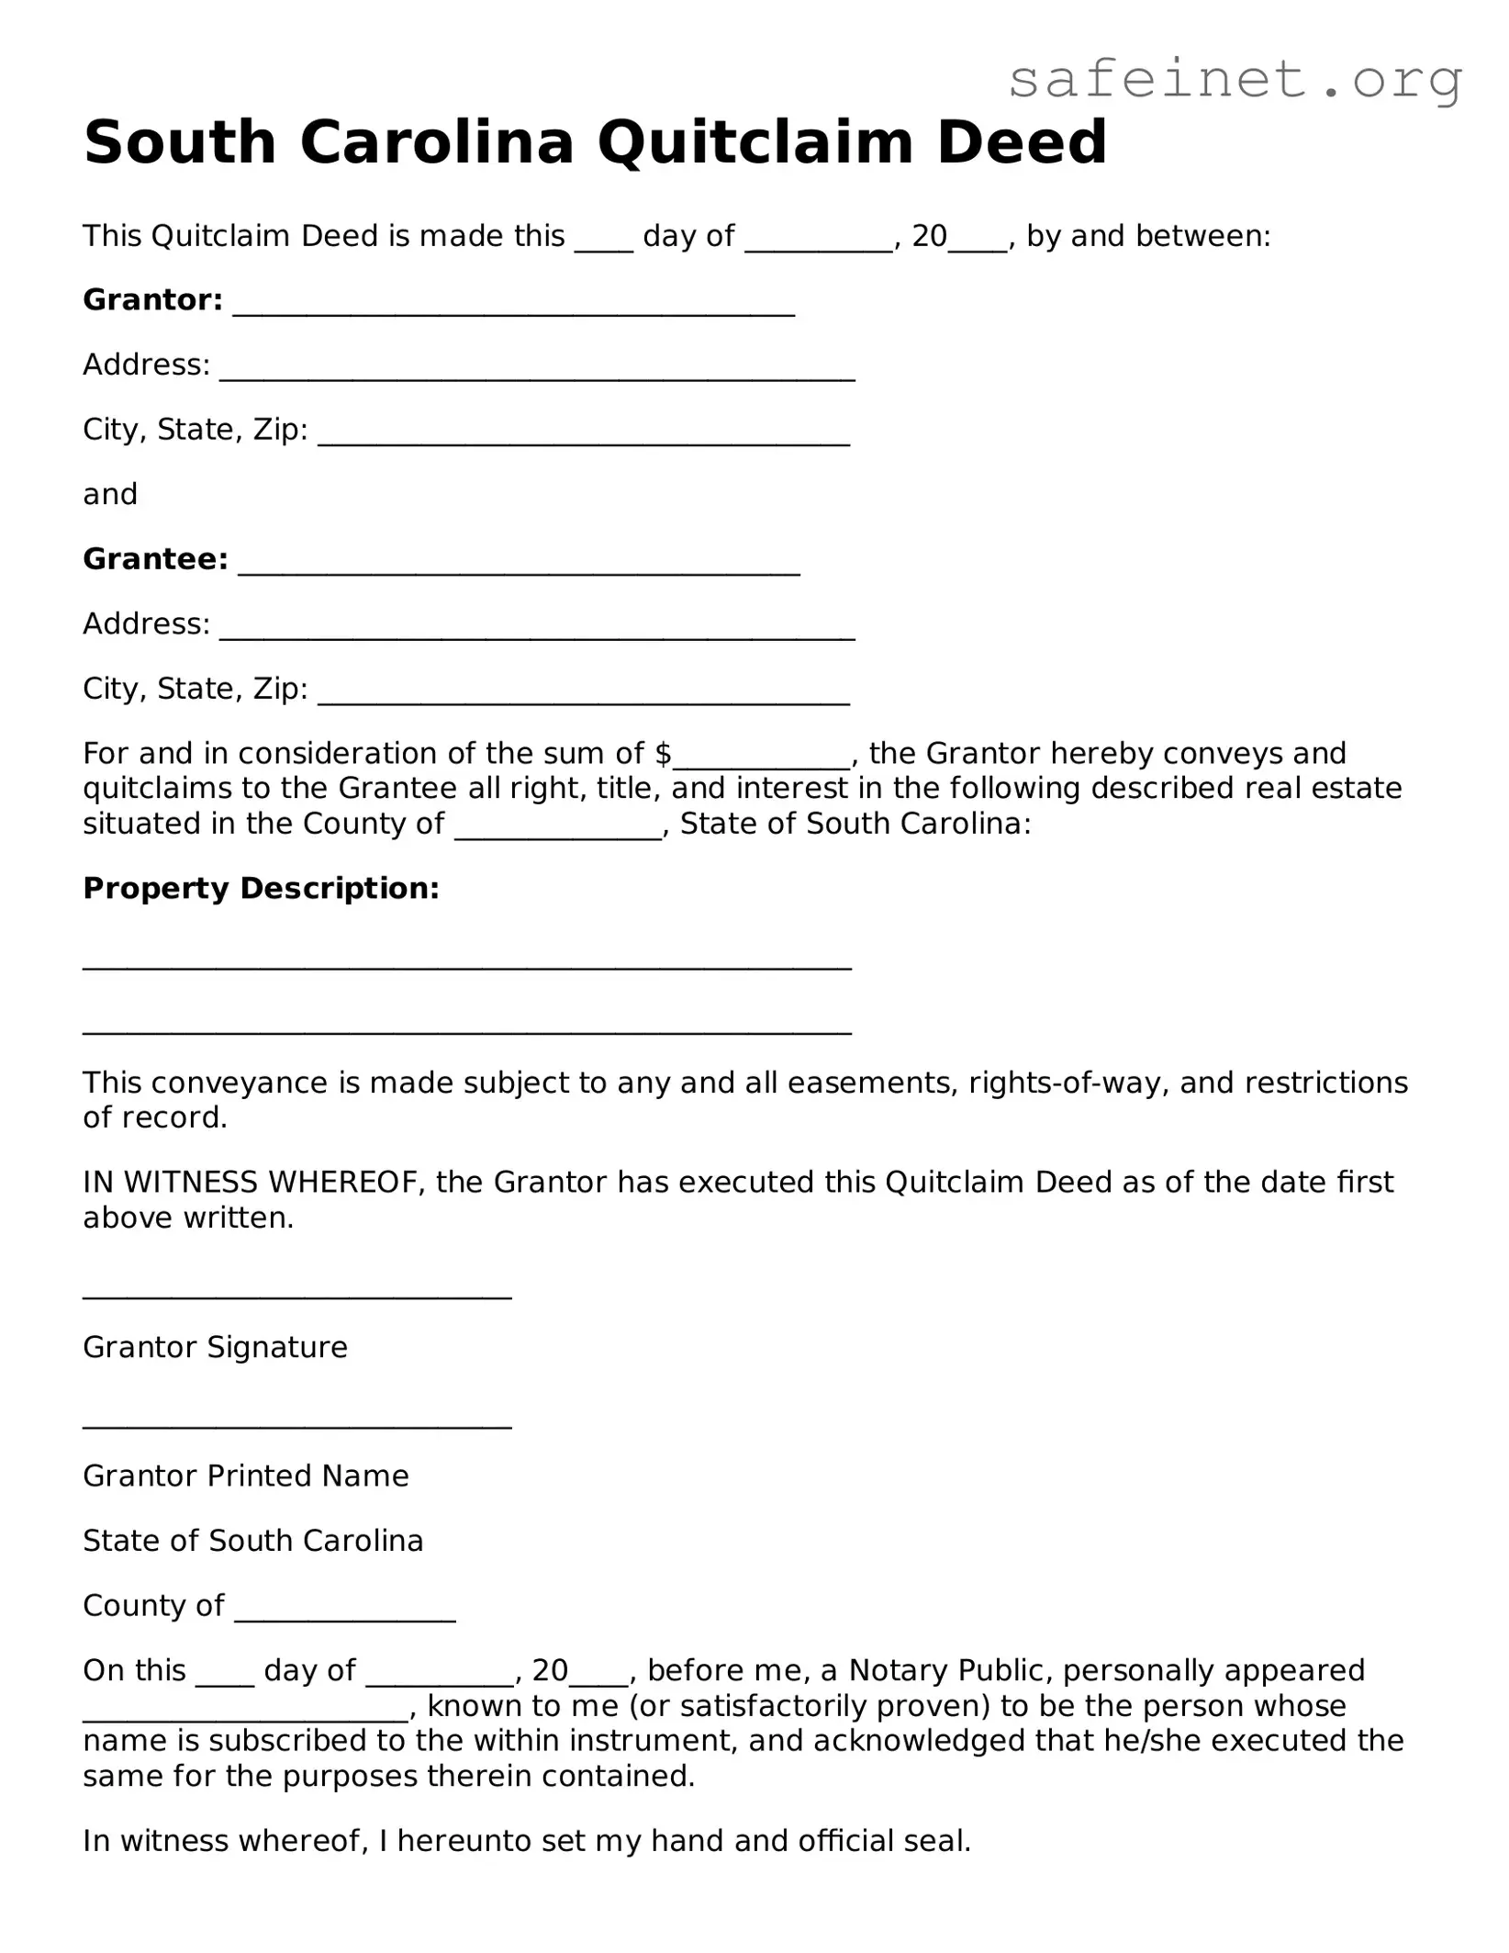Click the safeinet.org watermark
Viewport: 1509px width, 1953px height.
(x=1234, y=81)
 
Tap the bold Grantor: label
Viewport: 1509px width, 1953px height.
(x=152, y=300)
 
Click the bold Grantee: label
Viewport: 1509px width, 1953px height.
(x=155, y=559)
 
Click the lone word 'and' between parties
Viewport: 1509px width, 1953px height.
(x=110, y=495)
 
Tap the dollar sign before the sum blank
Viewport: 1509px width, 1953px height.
(x=663, y=754)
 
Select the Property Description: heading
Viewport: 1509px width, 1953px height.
(x=261, y=888)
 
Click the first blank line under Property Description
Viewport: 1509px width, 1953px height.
(x=467, y=964)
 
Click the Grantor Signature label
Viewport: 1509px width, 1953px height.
(x=215, y=1347)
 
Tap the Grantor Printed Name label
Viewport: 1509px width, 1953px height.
(x=245, y=1476)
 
